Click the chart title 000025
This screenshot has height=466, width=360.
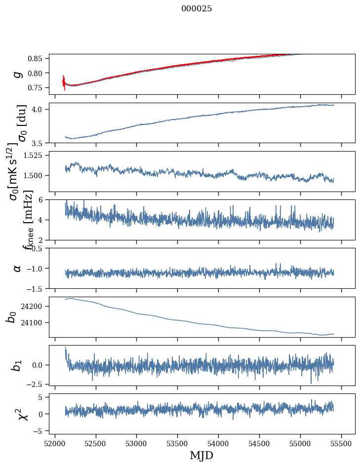[197, 9]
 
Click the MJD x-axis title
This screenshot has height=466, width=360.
[201, 455]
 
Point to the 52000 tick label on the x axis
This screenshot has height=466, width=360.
[55, 443]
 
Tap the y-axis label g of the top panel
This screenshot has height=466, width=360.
[17, 74]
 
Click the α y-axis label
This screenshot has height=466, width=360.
[17, 268]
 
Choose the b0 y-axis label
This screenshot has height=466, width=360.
[11, 316]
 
